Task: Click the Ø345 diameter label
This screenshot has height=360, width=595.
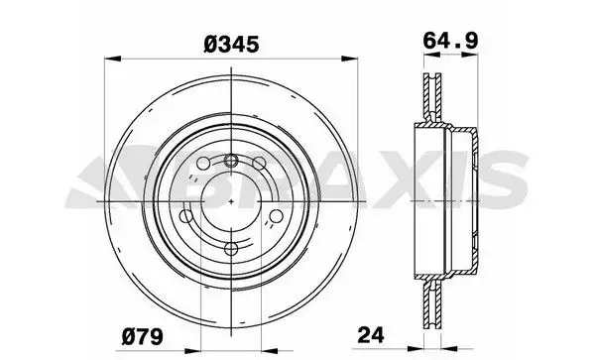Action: click(x=231, y=45)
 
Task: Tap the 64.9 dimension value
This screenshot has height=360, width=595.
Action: click(x=450, y=41)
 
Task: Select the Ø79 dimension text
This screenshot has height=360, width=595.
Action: click(x=142, y=336)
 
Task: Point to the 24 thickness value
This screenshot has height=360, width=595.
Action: click(x=371, y=334)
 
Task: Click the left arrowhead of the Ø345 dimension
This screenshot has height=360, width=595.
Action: click(x=113, y=59)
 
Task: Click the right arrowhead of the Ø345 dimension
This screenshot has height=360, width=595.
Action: click(x=349, y=59)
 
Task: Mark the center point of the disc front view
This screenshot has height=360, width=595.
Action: click(x=231, y=201)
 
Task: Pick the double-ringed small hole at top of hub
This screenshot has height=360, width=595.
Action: click(x=231, y=161)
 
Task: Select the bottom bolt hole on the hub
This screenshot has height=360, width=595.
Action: click(x=231, y=249)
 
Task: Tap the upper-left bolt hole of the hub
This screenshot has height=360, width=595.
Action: click(x=203, y=164)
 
